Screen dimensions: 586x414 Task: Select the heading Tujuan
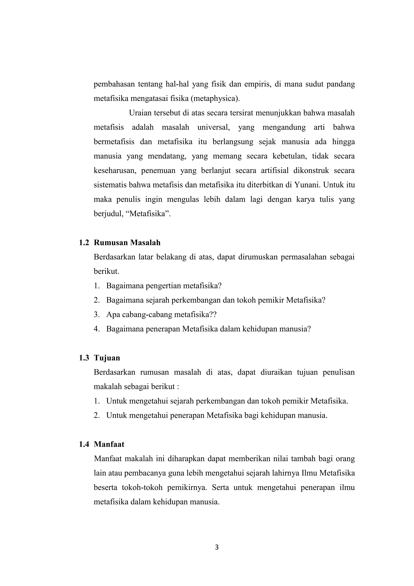pyautogui.click(x=107, y=358)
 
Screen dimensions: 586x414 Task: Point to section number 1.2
pyautogui.click(x=84, y=243)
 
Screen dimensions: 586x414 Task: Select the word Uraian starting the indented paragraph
pyautogui.click(x=141, y=113)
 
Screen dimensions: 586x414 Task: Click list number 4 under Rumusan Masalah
pyautogui.click(x=96, y=329)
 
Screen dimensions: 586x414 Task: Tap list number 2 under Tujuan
pyautogui.click(x=96, y=415)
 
